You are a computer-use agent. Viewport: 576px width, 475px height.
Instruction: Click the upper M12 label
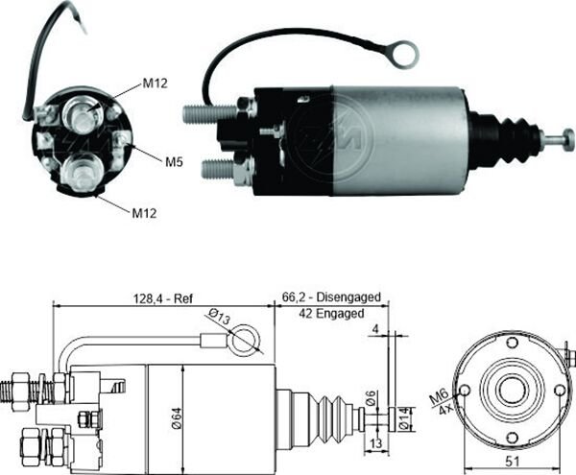point(156,83)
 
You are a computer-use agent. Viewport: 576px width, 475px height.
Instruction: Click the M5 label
point(172,162)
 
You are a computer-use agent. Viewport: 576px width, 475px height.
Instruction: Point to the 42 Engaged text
point(330,314)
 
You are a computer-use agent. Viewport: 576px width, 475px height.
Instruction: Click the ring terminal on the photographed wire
point(404,54)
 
